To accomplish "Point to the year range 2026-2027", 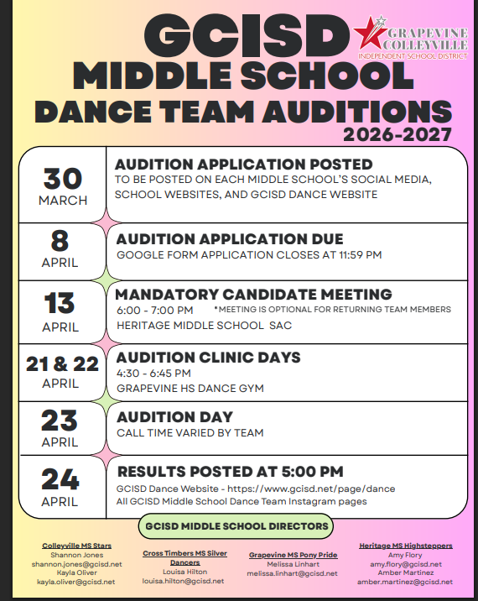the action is tap(397, 134).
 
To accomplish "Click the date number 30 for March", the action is tap(63, 178).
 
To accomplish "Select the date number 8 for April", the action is tap(60, 241).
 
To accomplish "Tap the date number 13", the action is tap(60, 303).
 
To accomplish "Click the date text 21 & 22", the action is tap(62, 363).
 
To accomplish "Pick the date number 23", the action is tap(60, 420).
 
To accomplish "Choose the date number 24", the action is tap(60, 478).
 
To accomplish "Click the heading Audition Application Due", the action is tap(230, 238).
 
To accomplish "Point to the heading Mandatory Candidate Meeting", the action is tap(253, 295).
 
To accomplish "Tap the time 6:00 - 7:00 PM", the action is tap(154, 310).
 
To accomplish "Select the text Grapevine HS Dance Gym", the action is tap(190, 388).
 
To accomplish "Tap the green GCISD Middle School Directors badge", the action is tap(235, 526).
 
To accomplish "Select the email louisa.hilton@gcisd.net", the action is tap(183, 581).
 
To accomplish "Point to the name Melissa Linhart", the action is tap(293, 564).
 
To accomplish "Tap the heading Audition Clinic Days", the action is tap(208, 357).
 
